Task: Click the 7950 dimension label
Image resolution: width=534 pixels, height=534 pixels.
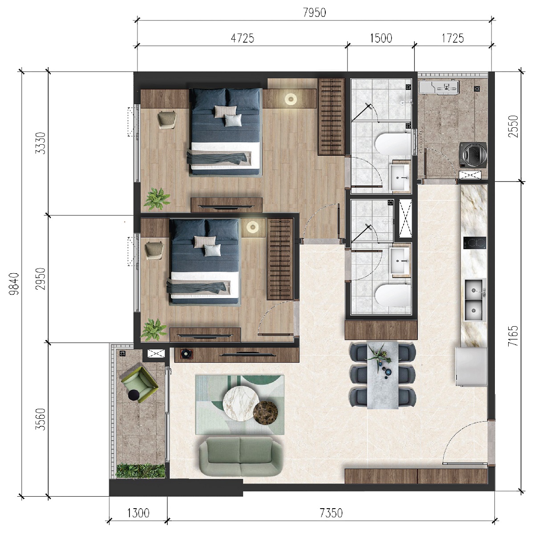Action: (314, 12)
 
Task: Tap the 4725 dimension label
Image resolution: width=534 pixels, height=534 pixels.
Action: (243, 38)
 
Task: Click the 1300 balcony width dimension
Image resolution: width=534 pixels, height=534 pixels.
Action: (138, 513)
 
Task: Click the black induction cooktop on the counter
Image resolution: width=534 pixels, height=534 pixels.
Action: (474, 243)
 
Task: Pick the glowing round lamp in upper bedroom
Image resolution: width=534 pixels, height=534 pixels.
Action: (291, 98)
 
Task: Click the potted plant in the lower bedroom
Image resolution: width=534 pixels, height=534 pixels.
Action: (154, 328)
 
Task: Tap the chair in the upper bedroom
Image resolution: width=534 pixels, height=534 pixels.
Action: (167, 119)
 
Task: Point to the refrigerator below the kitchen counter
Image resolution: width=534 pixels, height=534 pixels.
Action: (472, 367)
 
